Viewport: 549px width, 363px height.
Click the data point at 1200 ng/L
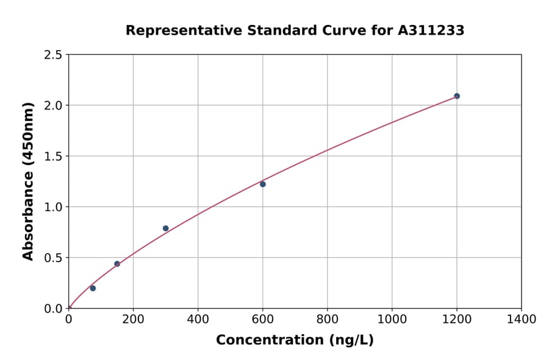pyautogui.click(x=456, y=96)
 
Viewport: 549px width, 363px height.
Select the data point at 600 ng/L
pyautogui.click(x=263, y=184)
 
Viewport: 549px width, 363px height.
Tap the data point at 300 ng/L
pyautogui.click(x=165, y=229)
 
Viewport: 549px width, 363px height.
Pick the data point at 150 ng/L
pyautogui.click(x=117, y=264)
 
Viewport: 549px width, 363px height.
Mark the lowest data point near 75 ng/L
pyautogui.click(x=93, y=288)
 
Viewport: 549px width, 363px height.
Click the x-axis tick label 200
pyautogui.click(x=133, y=319)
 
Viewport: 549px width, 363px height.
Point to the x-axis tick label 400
pyautogui.click(x=198, y=319)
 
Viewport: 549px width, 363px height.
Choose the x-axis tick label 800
pyautogui.click(x=327, y=319)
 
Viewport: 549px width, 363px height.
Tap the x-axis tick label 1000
pyautogui.click(x=392, y=319)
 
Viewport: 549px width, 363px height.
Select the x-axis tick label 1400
pyautogui.click(x=521, y=319)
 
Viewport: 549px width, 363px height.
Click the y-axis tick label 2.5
pyautogui.click(x=53, y=55)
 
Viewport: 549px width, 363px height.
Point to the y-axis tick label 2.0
pyautogui.click(x=53, y=106)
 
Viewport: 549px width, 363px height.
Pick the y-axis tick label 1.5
pyautogui.click(x=53, y=156)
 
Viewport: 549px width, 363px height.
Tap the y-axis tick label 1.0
pyautogui.click(x=53, y=207)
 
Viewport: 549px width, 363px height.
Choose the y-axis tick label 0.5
pyautogui.click(x=53, y=258)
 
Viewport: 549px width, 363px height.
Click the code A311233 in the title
pyautogui.click(x=432, y=30)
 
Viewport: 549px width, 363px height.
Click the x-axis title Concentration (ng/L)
pyautogui.click(x=295, y=340)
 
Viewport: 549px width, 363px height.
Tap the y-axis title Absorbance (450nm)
pyautogui.click(x=28, y=181)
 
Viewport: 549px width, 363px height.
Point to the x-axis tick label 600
pyautogui.click(x=262, y=319)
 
